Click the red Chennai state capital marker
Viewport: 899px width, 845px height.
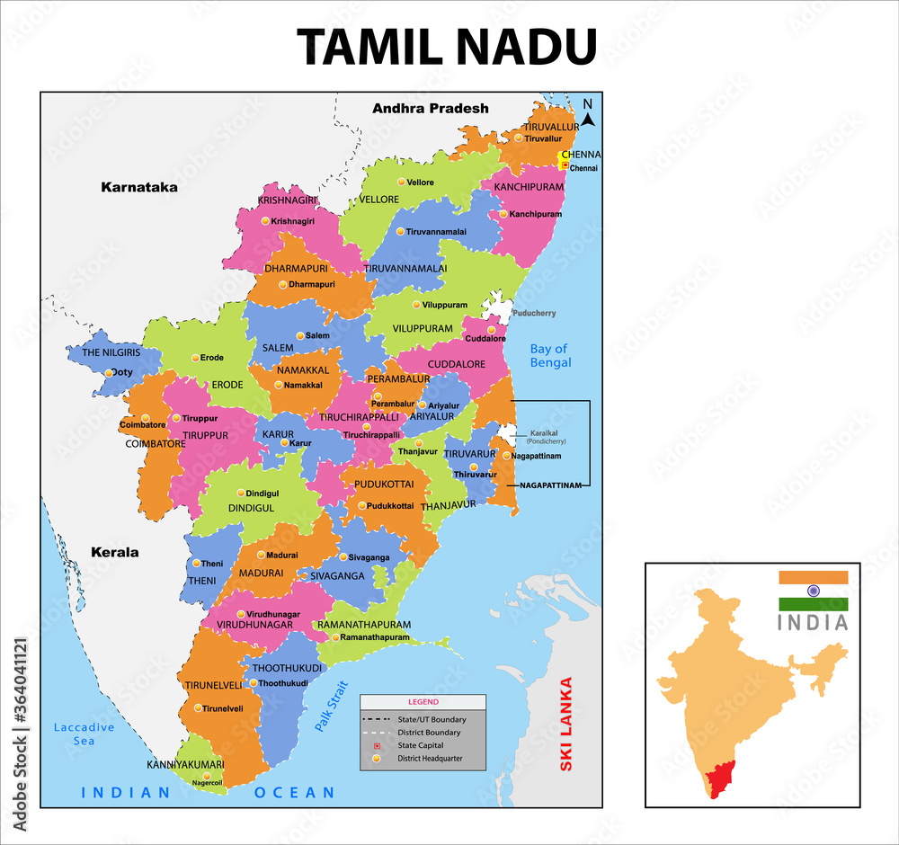click(565, 165)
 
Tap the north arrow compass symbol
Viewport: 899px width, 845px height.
click(587, 112)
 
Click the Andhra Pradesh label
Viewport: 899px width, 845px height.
click(431, 108)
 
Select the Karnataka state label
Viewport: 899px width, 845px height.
click(139, 188)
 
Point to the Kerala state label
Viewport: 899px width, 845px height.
click(114, 552)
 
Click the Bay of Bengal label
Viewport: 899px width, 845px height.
click(550, 355)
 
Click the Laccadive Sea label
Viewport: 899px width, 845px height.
click(84, 734)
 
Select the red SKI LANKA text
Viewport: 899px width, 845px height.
click(565, 724)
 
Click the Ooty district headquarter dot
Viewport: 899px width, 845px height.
click(109, 372)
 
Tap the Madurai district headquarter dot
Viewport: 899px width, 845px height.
click(261, 555)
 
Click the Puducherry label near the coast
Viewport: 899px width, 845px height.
click(533, 314)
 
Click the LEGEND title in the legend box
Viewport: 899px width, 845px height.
click(423, 701)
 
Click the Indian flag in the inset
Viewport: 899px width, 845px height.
click(813, 591)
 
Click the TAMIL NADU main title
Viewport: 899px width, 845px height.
click(447, 46)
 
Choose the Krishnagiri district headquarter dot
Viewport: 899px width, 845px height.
click(265, 220)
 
